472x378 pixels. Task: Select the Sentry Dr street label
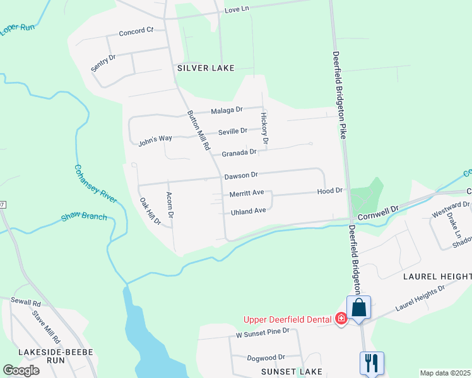coord(103,62)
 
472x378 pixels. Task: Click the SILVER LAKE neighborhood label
coord(206,68)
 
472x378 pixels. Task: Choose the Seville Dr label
coord(233,131)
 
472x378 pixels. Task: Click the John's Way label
coord(155,140)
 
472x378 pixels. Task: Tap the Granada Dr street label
coord(239,152)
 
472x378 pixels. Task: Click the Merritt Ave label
coord(247,193)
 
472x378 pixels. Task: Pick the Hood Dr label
coord(329,190)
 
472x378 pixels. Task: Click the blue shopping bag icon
coord(359,309)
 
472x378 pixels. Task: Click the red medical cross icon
coord(341,319)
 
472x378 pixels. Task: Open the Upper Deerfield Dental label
coord(288,320)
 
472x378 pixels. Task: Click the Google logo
coord(21,370)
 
